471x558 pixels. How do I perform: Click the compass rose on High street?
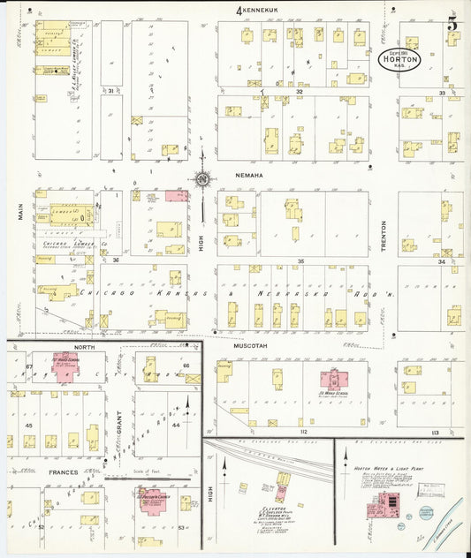pos(202,180)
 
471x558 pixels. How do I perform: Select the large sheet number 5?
pos(452,23)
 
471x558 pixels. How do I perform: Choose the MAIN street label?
pos(20,210)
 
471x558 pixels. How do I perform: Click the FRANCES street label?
pos(63,472)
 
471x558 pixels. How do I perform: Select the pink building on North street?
pos(65,367)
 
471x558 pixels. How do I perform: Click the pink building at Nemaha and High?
pos(176,194)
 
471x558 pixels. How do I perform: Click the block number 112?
pos(303,432)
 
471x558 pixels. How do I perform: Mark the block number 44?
pos(175,425)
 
